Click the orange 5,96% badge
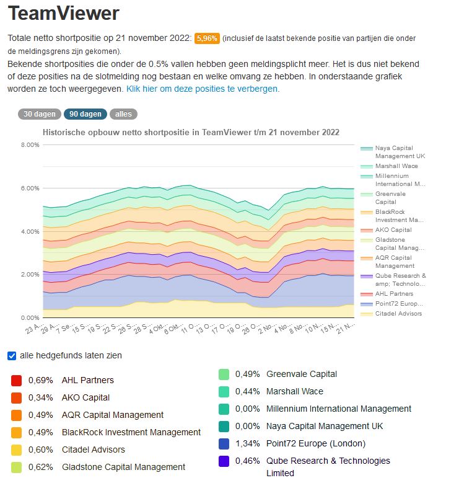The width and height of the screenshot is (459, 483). tap(207, 38)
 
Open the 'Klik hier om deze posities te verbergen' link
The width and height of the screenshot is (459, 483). tap(203, 89)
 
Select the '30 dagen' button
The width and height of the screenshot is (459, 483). tap(39, 114)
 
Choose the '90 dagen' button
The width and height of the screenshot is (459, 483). tap(85, 114)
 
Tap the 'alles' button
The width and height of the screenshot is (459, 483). tap(123, 114)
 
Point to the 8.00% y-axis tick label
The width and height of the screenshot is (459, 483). tap(30, 144)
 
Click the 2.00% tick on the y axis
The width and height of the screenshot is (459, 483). tap(30, 274)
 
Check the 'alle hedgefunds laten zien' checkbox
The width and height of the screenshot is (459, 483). tap(12, 356)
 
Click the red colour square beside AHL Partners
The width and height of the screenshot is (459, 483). tap(17, 380)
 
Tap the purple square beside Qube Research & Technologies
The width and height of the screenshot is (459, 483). tap(224, 461)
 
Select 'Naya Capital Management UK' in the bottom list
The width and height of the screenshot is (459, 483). tap(325, 426)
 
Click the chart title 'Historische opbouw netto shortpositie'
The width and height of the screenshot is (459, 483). tap(191, 132)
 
